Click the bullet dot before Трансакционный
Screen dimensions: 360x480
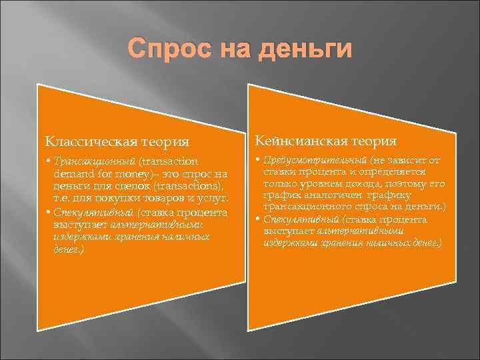(48, 162)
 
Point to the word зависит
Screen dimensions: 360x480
(408, 160)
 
